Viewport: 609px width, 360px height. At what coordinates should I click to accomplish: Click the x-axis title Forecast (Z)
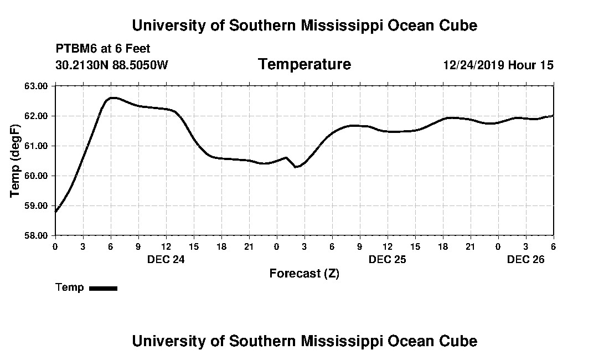pyautogui.click(x=304, y=274)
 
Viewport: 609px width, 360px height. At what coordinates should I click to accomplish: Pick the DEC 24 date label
pyautogui.click(x=166, y=259)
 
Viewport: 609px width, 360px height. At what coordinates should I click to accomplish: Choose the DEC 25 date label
pyautogui.click(x=388, y=259)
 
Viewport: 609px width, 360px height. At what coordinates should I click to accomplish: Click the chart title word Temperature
pyautogui.click(x=304, y=65)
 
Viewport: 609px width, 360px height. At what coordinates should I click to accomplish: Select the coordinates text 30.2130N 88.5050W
pyautogui.click(x=112, y=65)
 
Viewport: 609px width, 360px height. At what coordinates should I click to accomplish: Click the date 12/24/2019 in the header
pyautogui.click(x=473, y=65)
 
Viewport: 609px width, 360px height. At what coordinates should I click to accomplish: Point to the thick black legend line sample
pyautogui.click(x=104, y=288)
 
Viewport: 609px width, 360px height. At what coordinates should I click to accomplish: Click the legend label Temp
pyautogui.click(x=70, y=287)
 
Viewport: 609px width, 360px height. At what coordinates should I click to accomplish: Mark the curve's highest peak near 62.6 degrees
pyautogui.click(x=112, y=97)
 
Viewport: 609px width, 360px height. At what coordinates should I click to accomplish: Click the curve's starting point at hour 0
pyautogui.click(x=56, y=211)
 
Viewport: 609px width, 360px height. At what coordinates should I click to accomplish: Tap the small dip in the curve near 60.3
pyautogui.click(x=296, y=167)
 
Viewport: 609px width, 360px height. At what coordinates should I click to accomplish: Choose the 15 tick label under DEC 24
pyautogui.click(x=194, y=246)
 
